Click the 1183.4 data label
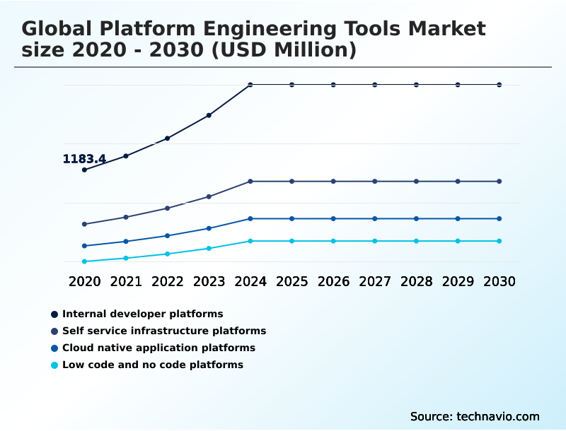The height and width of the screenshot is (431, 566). (84, 159)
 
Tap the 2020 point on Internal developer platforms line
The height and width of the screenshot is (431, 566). (84, 170)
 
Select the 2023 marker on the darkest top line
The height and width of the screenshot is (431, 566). (209, 115)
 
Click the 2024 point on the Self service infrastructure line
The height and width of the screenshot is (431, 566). (250, 182)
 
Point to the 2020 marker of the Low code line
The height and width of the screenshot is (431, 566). (84, 261)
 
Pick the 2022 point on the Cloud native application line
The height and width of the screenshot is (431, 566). (168, 235)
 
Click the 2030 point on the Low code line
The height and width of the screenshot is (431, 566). (499, 241)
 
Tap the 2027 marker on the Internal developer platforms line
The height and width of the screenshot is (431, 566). (375, 85)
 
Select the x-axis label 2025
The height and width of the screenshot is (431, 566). (291, 281)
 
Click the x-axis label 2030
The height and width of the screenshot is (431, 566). (499, 281)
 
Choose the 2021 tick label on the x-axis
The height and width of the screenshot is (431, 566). (126, 281)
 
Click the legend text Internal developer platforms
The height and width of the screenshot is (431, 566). (142, 314)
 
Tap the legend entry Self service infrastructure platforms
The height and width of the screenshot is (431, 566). (164, 331)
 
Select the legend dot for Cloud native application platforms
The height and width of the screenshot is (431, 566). (54, 348)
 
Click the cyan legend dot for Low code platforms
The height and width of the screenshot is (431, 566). (54, 365)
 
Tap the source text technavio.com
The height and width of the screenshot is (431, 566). (498, 416)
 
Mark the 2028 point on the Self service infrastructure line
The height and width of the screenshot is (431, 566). (417, 182)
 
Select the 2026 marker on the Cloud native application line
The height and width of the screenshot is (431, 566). (333, 218)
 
